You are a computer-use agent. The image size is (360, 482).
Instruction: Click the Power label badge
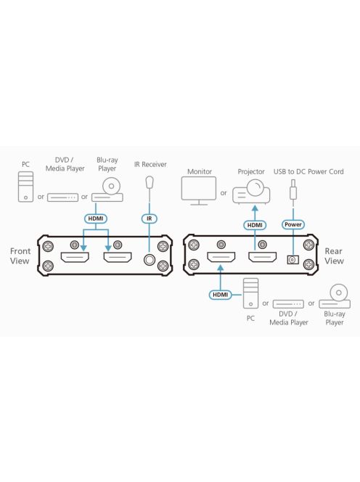tap(293, 225)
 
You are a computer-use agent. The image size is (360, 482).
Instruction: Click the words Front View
tap(20, 256)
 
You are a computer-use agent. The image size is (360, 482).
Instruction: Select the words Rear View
tap(334, 256)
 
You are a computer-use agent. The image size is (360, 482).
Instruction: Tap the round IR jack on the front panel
tap(151, 258)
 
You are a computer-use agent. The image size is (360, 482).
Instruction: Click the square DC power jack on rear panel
tap(293, 259)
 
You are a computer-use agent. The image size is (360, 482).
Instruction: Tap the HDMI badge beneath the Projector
tap(254, 225)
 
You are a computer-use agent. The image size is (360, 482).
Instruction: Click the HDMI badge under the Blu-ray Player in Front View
tap(96, 218)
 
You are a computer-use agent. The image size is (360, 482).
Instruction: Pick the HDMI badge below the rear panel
tap(220, 295)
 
